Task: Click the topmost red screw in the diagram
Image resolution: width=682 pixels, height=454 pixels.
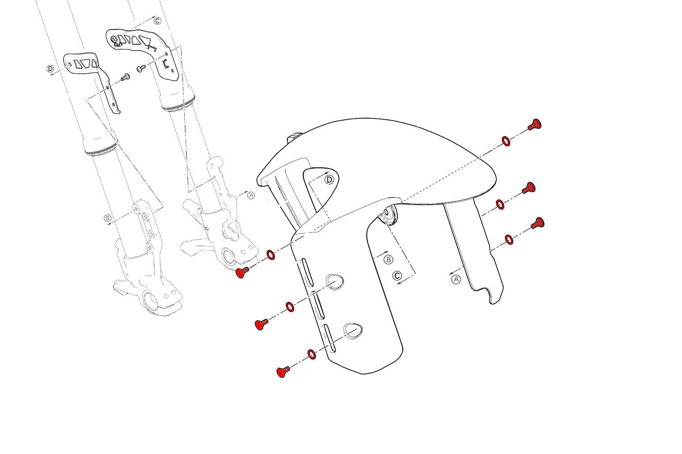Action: coord(535,124)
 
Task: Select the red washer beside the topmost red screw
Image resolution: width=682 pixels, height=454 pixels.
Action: coord(506,141)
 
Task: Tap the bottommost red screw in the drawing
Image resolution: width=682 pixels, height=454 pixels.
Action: coord(283,372)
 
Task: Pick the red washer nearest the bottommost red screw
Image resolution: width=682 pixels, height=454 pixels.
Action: coord(311,354)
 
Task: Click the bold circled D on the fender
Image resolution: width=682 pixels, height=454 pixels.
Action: coord(329,180)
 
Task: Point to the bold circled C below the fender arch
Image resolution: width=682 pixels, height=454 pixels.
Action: coord(397,276)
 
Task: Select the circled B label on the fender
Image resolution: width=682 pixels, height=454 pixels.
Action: coord(388,260)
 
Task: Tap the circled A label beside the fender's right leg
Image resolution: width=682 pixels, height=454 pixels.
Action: coord(456,279)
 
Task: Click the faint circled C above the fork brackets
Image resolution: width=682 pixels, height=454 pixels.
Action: coord(157,21)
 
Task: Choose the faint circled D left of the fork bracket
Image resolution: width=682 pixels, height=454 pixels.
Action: coord(50,69)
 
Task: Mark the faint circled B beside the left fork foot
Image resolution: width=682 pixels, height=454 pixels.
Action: coord(107,218)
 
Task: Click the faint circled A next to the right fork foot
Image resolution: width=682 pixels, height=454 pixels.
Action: coord(251,195)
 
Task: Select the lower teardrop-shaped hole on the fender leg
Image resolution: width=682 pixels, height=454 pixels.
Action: coord(353,331)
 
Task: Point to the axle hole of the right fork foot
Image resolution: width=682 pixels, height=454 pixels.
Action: coord(229,257)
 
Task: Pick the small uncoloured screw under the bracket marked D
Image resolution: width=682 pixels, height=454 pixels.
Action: coord(125,77)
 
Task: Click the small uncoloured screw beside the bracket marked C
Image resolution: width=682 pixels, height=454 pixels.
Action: coord(141,69)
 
